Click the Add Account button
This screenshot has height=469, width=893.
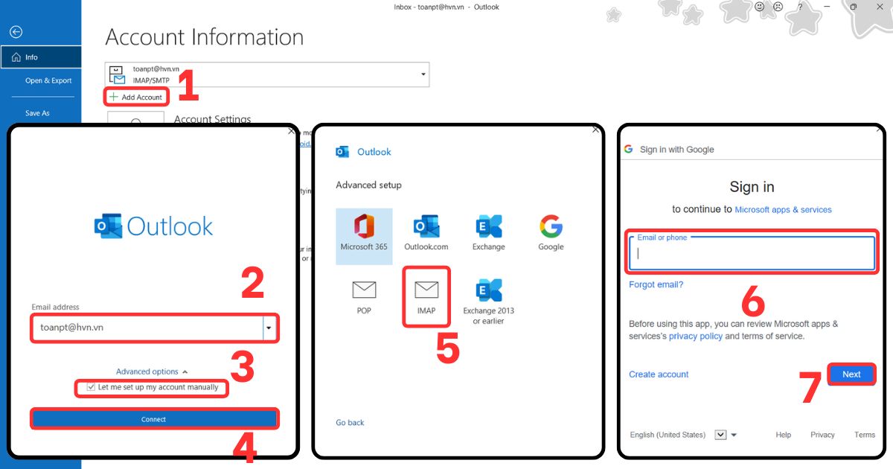tap(136, 97)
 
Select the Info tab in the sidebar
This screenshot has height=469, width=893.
tap(40, 57)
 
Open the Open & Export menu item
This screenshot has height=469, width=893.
tap(48, 80)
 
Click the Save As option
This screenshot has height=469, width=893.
tap(37, 113)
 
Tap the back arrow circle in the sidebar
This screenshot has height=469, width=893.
tap(16, 32)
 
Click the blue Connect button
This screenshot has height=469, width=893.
tap(154, 419)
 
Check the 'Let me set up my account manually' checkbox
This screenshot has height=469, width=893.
tap(92, 387)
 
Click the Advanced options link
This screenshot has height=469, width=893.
tap(147, 371)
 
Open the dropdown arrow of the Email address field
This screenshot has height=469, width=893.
tap(269, 328)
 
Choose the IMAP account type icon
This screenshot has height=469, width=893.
tap(426, 296)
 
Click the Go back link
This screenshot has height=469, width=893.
tap(350, 423)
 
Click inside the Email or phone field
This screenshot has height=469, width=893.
tap(752, 254)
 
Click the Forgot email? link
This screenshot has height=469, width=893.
tap(656, 284)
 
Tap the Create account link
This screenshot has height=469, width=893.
tap(659, 374)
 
